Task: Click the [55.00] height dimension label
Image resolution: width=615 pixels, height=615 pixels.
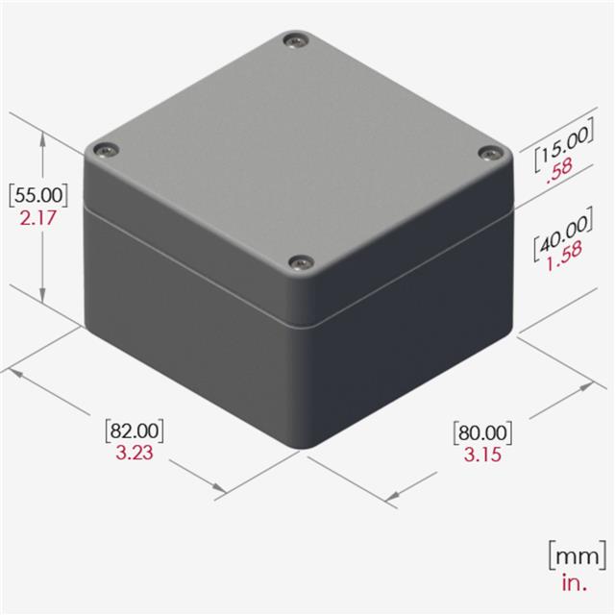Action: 38,195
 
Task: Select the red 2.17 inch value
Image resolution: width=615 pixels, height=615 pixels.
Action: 38,218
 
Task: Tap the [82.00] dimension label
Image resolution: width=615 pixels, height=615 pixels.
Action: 135,430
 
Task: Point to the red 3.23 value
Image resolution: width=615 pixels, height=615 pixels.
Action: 135,453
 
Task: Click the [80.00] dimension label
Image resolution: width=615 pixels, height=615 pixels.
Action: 482,433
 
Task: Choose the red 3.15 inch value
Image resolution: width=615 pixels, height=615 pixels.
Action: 482,455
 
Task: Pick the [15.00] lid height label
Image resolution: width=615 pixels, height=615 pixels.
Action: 564,144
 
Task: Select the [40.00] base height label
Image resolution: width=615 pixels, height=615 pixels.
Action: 563,234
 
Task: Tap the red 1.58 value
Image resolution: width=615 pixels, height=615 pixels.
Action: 565,257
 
